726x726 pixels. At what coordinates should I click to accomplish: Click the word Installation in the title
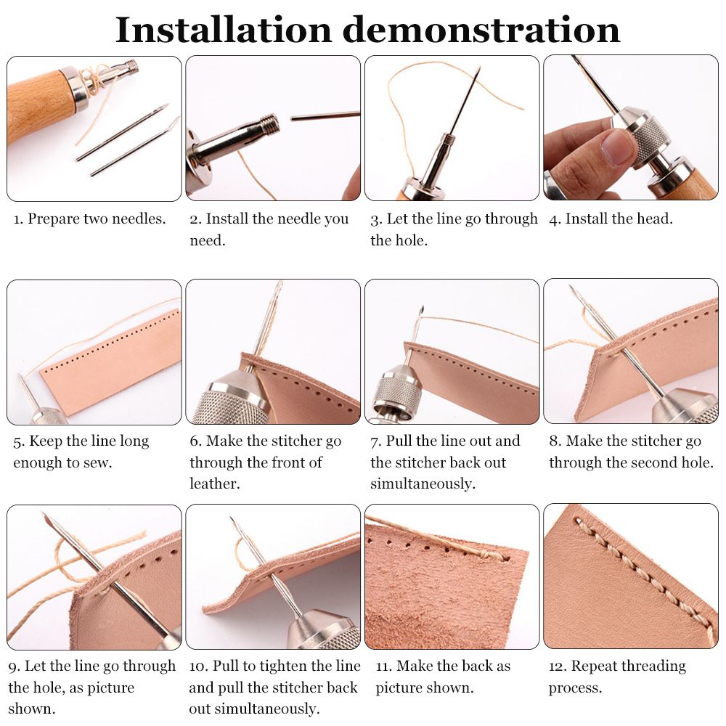(223, 30)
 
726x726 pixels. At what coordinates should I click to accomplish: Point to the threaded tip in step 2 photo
(269, 124)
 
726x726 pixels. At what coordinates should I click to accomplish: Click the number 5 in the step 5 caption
(18, 442)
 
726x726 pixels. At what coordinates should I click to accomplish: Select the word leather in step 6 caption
(214, 484)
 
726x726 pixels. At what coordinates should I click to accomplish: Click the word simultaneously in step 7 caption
(423, 484)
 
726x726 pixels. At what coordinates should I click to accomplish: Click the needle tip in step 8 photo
(571, 286)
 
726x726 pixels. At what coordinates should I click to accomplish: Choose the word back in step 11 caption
(478, 666)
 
